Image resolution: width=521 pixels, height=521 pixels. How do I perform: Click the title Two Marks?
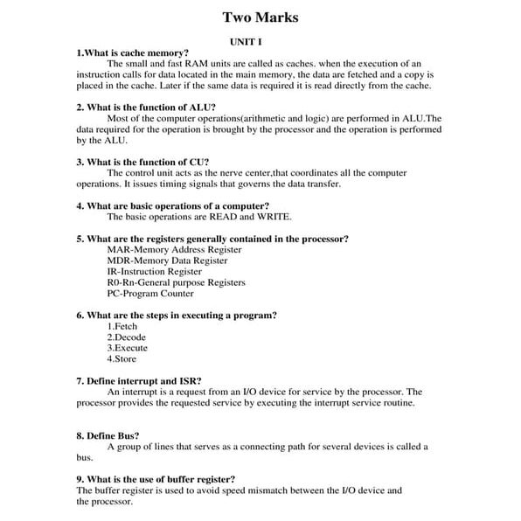pyautogui.click(x=260, y=17)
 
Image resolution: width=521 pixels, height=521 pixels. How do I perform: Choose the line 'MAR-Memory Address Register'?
pyautogui.click(x=174, y=249)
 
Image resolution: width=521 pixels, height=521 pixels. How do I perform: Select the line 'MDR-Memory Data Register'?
pyautogui.click(x=167, y=260)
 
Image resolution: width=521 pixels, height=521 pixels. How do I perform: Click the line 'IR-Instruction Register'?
pyautogui.click(x=154, y=272)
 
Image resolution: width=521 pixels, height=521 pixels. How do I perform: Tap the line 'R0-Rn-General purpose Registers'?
pyautogui.click(x=176, y=282)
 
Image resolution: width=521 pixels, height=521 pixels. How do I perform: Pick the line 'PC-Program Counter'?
pyautogui.click(x=150, y=294)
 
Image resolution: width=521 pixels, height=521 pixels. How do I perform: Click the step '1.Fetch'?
pyautogui.click(x=122, y=326)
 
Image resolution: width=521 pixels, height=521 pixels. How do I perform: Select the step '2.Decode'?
pyautogui.click(x=127, y=337)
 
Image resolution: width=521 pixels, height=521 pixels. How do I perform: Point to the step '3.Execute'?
pyautogui.click(x=128, y=348)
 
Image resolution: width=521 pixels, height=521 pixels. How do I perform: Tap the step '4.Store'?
pyautogui.click(x=122, y=358)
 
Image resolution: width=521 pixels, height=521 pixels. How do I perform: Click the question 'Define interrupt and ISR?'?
pyautogui.click(x=140, y=381)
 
